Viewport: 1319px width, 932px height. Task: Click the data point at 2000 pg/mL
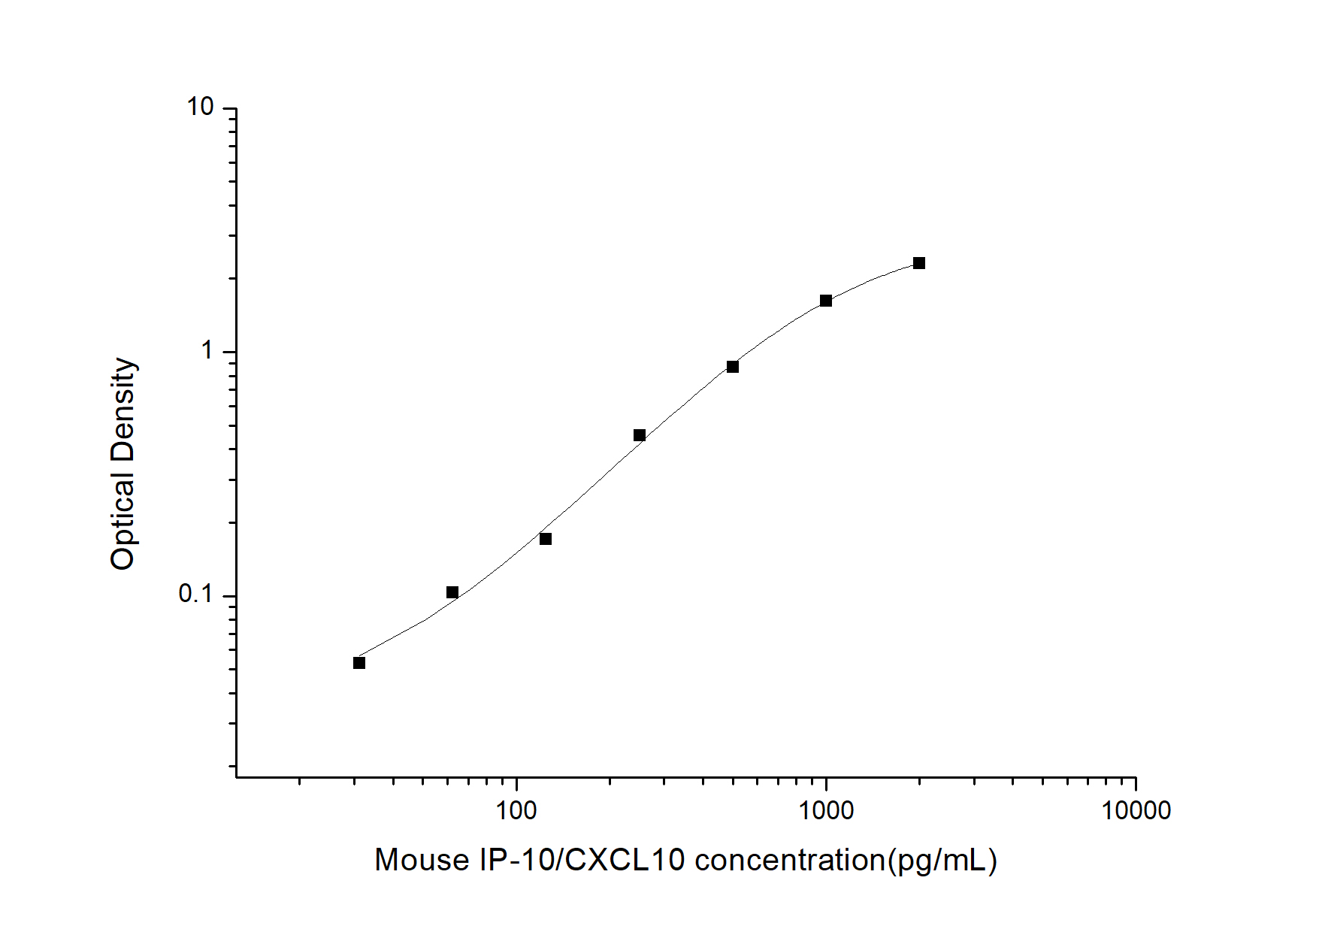click(919, 263)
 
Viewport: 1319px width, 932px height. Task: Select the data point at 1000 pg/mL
click(826, 301)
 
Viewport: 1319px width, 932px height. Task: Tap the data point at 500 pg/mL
click(733, 367)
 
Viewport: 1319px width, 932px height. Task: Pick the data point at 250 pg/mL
click(640, 435)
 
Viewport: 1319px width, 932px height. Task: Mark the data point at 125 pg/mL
click(546, 539)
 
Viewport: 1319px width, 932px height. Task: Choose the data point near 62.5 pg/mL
click(452, 592)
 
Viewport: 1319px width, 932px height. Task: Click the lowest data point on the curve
click(359, 663)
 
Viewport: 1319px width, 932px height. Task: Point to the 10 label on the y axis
click(201, 107)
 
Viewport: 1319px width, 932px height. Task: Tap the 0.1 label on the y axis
click(196, 595)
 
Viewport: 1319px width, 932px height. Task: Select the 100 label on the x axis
click(517, 810)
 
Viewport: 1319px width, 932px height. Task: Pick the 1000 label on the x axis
click(826, 810)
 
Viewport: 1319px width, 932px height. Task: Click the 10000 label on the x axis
click(1136, 810)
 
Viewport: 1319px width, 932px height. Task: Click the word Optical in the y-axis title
click(123, 520)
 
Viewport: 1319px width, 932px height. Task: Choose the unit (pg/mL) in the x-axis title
click(942, 861)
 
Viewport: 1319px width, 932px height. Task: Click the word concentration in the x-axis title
click(790, 861)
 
